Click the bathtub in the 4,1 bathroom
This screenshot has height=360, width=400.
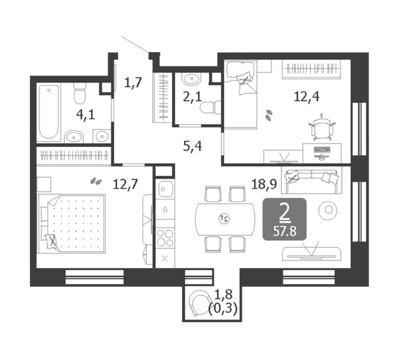pyautogui.click(x=49, y=112)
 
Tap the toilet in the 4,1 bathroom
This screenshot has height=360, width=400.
pyautogui.click(x=79, y=93)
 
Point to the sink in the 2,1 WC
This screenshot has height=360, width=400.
pyautogui.click(x=192, y=79)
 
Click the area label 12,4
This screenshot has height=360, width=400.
pyautogui.click(x=306, y=97)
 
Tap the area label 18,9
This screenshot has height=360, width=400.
pyautogui.click(x=264, y=184)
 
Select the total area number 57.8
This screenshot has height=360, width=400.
pyautogui.click(x=285, y=232)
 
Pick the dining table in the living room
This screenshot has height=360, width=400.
pyautogui.click(x=225, y=219)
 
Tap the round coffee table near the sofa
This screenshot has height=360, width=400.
pyautogui.click(x=329, y=210)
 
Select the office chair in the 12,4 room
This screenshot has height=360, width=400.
pyautogui.click(x=322, y=128)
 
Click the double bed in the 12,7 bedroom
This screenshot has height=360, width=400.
pyautogui.click(x=71, y=224)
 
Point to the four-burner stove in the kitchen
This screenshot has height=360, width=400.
pyautogui.click(x=165, y=238)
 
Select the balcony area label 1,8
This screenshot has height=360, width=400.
pyautogui.click(x=224, y=295)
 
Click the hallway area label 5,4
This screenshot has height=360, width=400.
pyautogui.click(x=193, y=147)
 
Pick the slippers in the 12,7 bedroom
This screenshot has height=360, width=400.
pyautogui.click(x=96, y=182)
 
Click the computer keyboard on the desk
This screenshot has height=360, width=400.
pyautogui.click(x=322, y=149)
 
